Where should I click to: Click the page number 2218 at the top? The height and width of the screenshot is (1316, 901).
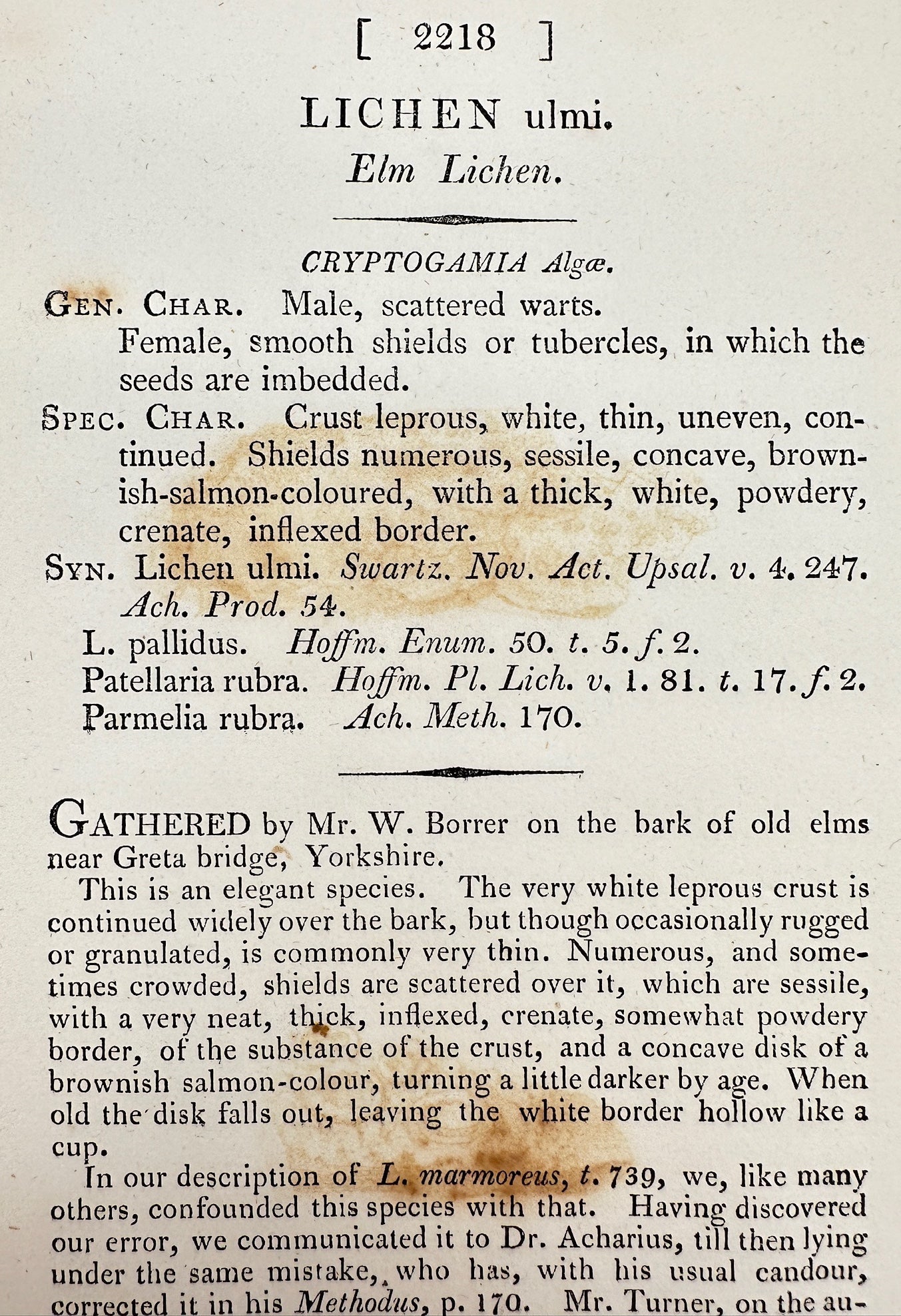pos(454,39)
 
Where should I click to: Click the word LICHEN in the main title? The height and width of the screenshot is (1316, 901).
pos(400,115)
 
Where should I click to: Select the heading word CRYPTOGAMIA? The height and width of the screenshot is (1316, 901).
pos(414,264)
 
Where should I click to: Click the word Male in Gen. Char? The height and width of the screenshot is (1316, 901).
pos(316,305)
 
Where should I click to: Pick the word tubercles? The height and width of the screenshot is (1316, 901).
pos(599,343)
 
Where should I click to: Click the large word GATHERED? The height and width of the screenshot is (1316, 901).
pos(149,824)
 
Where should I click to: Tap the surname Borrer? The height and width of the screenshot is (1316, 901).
pos(466,824)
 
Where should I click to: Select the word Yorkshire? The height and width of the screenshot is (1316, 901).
pos(374,856)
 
